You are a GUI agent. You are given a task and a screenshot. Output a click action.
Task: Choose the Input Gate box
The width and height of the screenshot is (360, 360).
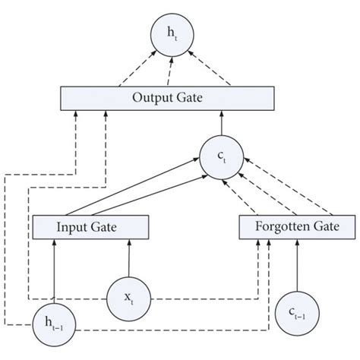pyautogui.click(x=90, y=227)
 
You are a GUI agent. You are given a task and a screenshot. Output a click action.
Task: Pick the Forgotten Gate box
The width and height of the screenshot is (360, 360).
pyautogui.click(x=296, y=227)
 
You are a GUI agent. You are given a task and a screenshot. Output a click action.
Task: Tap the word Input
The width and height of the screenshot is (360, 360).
pyautogui.click(x=74, y=227)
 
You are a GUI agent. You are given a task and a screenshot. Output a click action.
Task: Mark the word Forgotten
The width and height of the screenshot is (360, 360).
pyautogui.click(x=281, y=227)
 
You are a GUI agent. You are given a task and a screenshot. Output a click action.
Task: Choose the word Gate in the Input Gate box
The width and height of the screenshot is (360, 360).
pyautogui.click(x=108, y=227)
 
